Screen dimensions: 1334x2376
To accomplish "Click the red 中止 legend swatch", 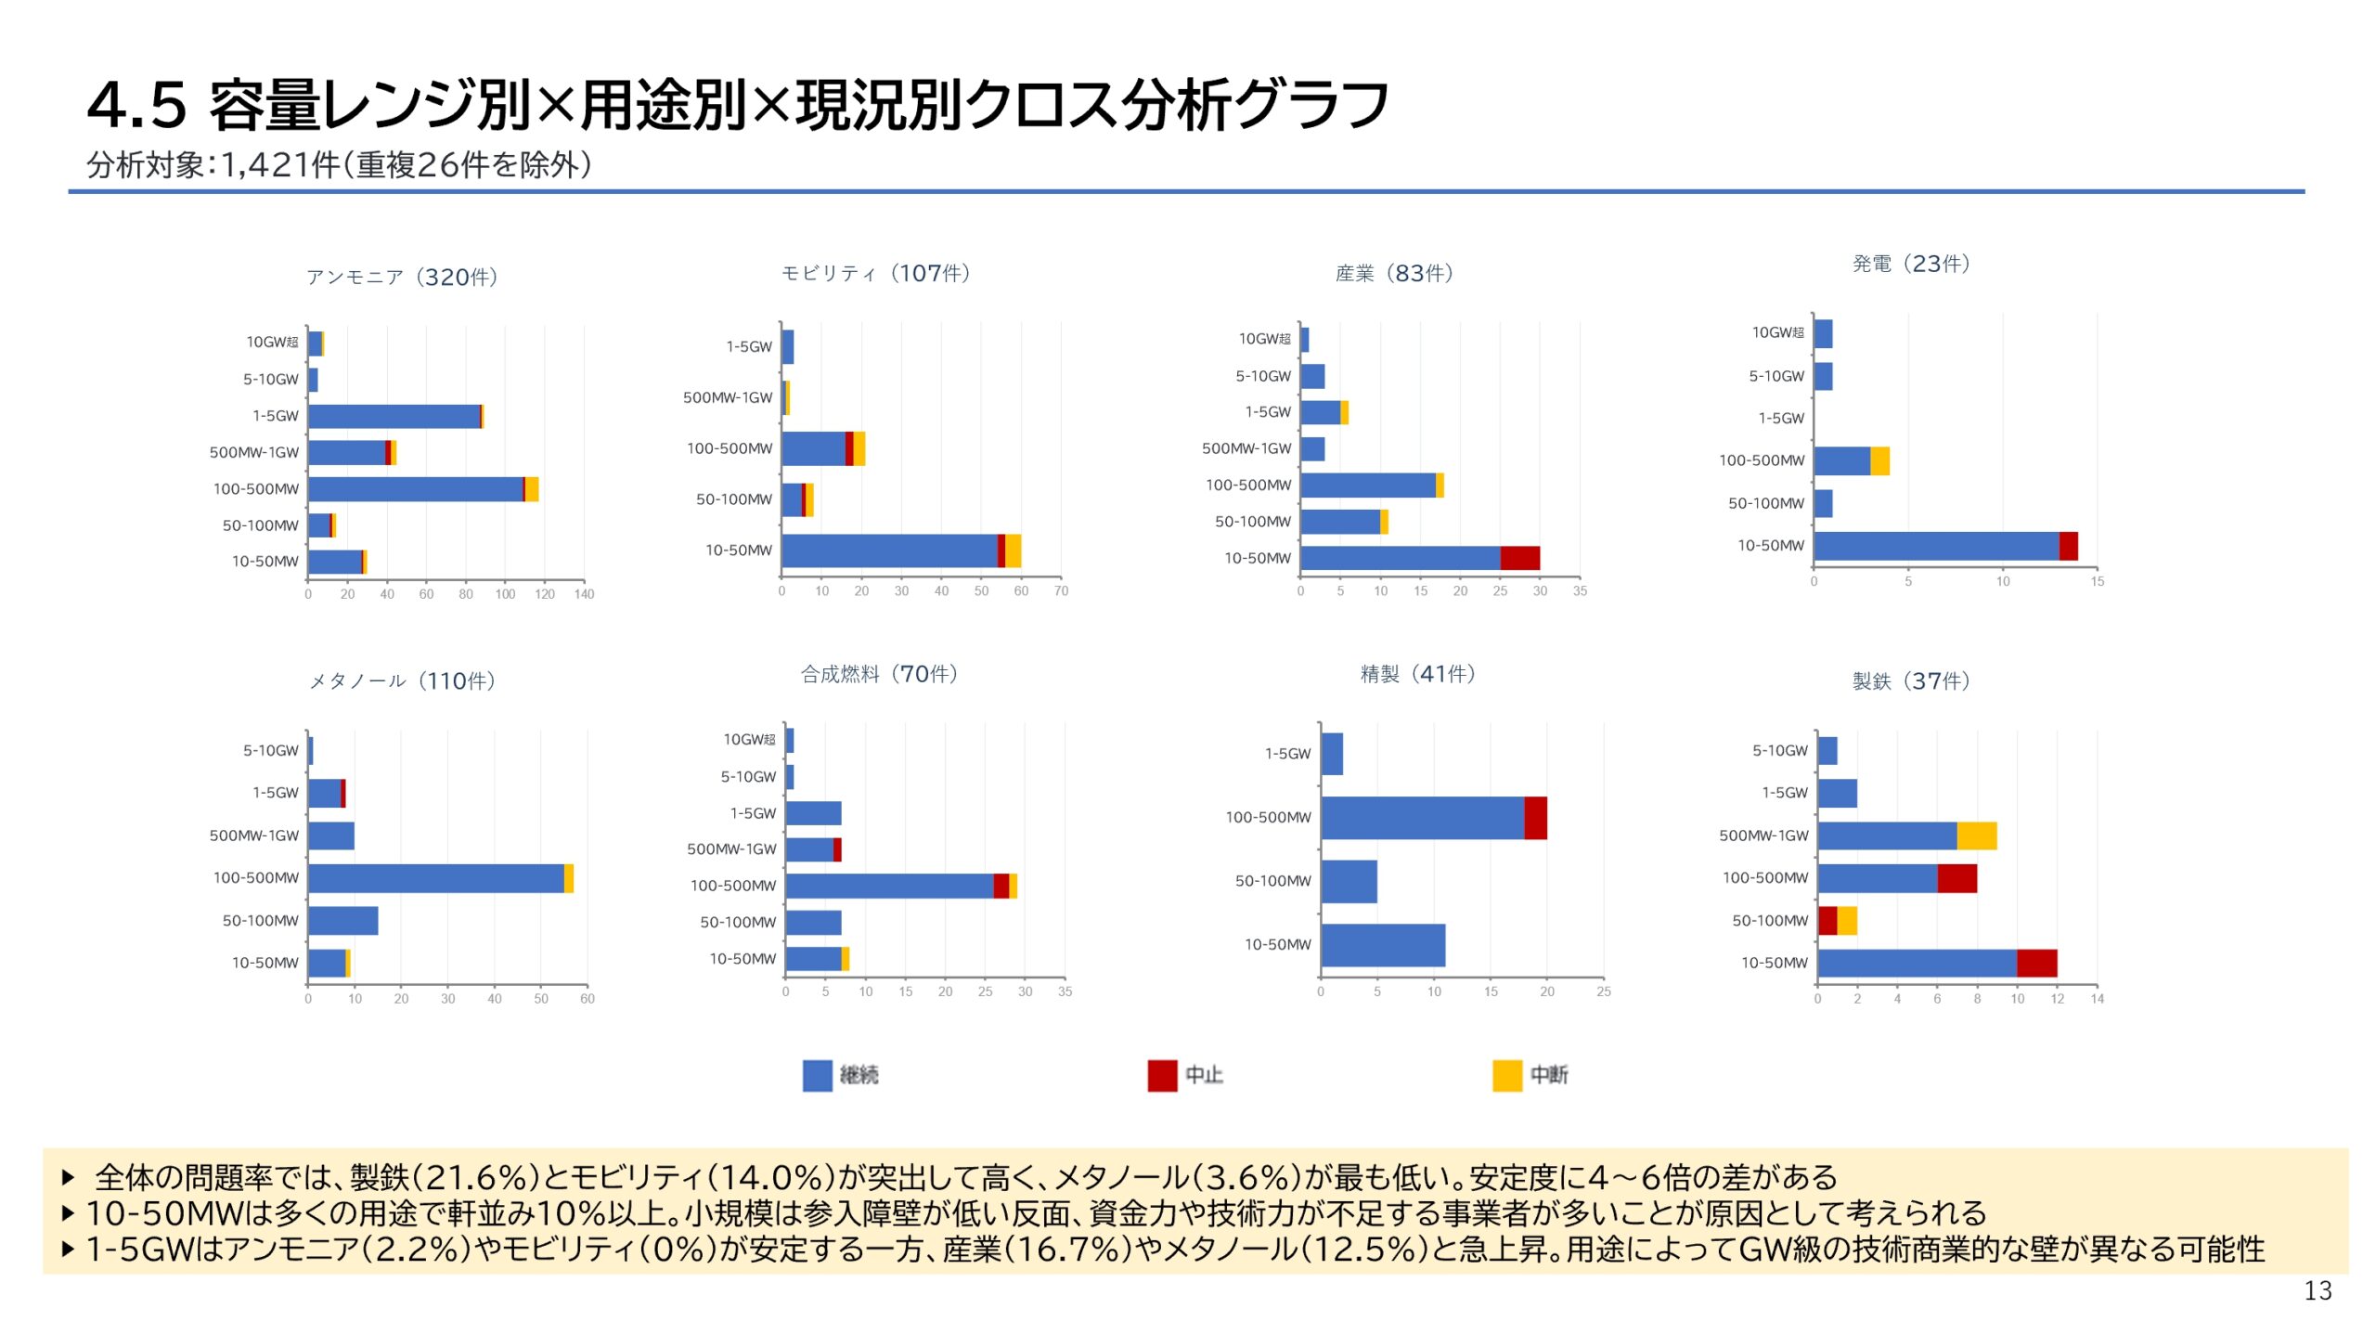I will click(1161, 1075).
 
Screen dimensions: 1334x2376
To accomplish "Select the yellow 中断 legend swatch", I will click(1506, 1075).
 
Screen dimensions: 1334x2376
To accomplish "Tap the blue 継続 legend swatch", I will click(817, 1075).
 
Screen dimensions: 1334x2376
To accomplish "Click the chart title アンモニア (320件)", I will click(402, 277).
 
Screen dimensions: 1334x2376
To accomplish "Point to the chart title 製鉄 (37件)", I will click(1910, 680).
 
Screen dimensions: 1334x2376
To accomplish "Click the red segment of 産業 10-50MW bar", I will click(1519, 558).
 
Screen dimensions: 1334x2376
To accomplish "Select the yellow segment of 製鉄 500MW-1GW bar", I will click(1976, 835).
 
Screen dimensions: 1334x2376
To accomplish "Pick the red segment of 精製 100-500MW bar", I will click(1535, 818).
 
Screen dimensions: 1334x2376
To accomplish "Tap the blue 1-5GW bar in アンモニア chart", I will click(394, 416).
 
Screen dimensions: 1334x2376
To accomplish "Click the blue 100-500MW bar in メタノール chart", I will click(435, 878).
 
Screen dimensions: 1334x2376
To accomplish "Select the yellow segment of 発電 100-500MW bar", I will click(1879, 460).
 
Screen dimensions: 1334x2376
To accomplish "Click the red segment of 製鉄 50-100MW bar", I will click(1827, 921).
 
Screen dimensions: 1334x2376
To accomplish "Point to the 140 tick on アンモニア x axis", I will click(584, 594).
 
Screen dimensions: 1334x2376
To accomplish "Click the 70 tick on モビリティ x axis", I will click(1061, 591).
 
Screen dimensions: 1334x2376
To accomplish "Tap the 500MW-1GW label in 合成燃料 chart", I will click(730, 849).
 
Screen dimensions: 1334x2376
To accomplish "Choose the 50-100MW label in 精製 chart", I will click(1272, 881).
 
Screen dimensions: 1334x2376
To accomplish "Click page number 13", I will click(2318, 1290).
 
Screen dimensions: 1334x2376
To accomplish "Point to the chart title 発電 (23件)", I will click(1910, 264).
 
